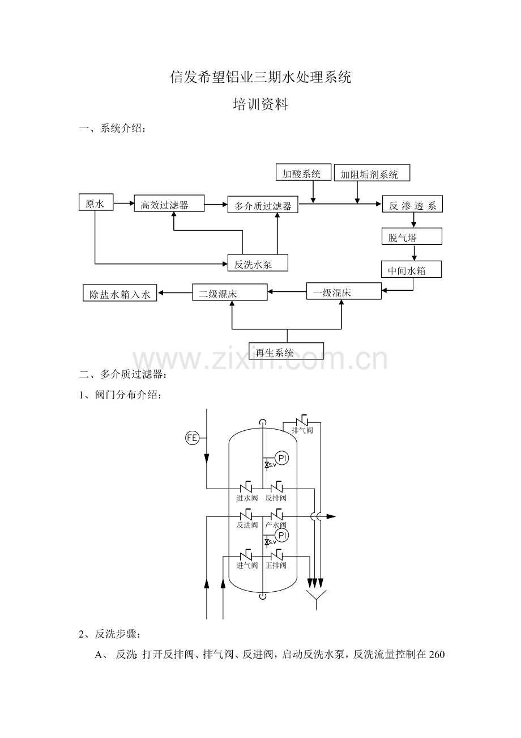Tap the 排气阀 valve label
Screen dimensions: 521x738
pos(302,430)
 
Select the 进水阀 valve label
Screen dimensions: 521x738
pos(247,498)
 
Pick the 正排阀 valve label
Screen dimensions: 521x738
pos(276,565)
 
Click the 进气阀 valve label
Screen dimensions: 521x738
pos(247,565)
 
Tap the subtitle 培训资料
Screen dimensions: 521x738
pos(260,104)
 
